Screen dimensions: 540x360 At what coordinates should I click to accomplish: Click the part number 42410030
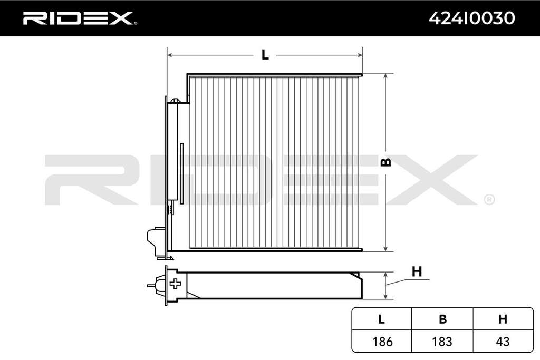click(x=472, y=18)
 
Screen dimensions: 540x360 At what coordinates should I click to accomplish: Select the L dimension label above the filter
click(x=265, y=55)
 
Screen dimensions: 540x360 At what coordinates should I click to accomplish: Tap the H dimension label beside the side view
click(x=417, y=271)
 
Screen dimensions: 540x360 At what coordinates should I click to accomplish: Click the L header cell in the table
click(x=381, y=319)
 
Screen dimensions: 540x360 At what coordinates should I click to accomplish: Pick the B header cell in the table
click(x=442, y=319)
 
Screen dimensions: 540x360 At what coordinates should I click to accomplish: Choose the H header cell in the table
click(x=503, y=319)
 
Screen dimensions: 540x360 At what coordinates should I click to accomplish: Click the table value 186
click(x=382, y=342)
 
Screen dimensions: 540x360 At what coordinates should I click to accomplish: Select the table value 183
click(x=442, y=342)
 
